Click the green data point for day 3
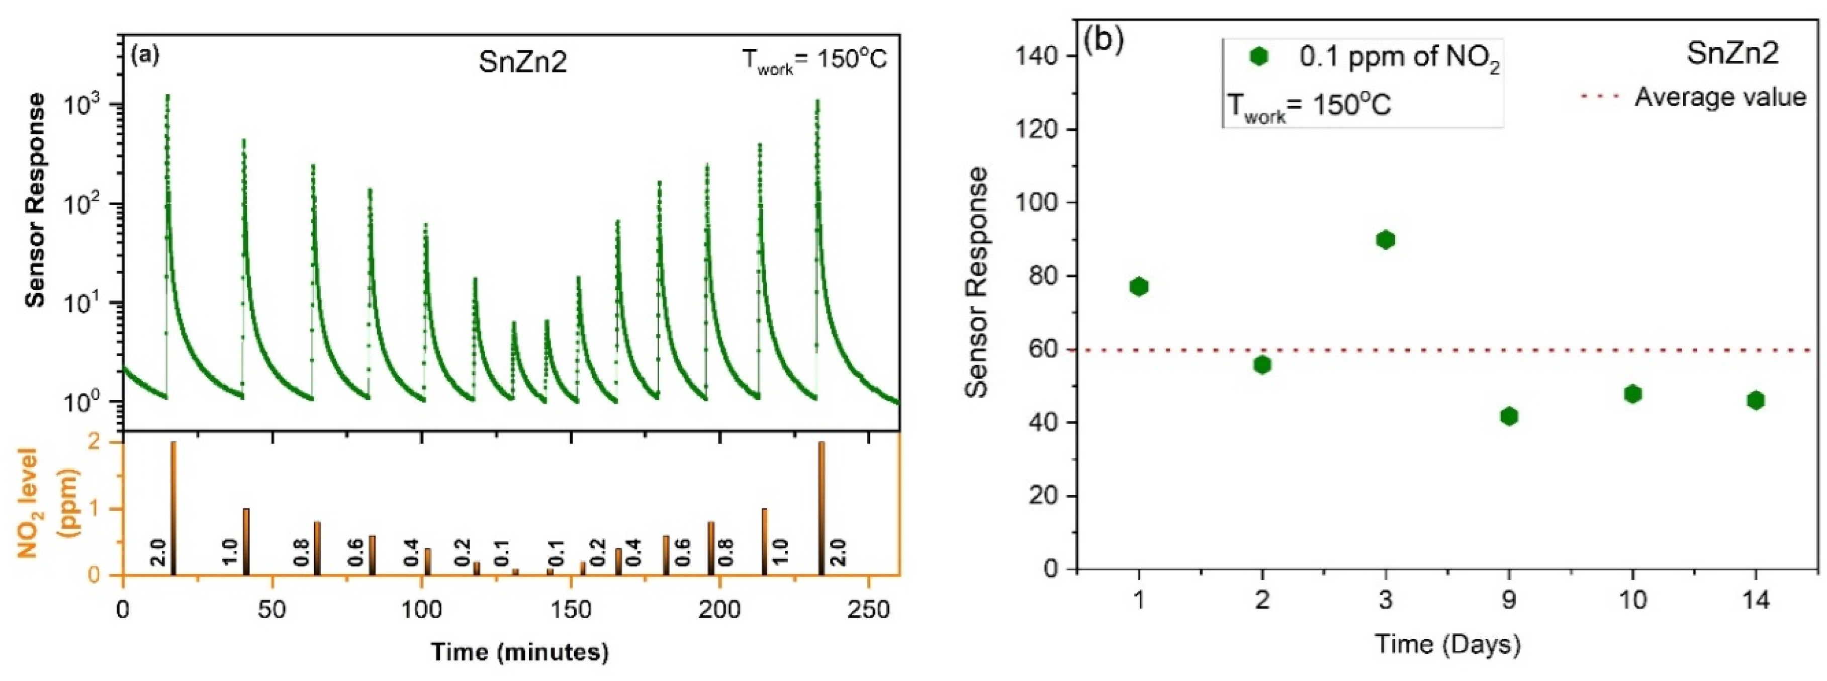click(1385, 240)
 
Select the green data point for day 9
click(1509, 416)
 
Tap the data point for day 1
click(1139, 287)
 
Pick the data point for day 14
click(1756, 401)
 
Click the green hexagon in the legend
click(1259, 57)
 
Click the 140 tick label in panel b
click(1039, 55)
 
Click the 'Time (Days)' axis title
click(1447, 644)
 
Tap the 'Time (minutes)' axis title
click(520, 652)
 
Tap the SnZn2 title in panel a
click(523, 62)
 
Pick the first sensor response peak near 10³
click(168, 97)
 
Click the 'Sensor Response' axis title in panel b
click(977, 282)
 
